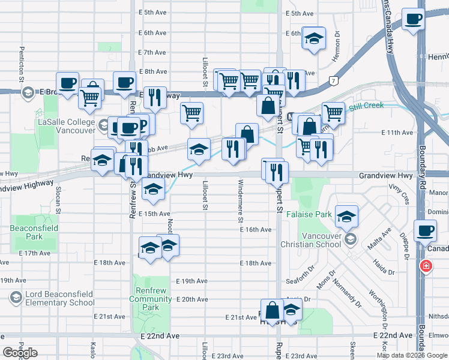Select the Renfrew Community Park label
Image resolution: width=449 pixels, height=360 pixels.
(150, 299)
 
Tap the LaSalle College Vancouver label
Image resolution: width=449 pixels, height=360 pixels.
(67, 126)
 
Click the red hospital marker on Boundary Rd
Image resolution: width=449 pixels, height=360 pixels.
(426, 265)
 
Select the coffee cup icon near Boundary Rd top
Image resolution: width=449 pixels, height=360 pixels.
(412, 20)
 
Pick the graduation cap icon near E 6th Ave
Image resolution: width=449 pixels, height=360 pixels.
(313, 39)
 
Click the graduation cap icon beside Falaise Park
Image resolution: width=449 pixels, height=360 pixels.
(346, 217)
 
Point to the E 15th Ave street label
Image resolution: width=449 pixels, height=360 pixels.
(154, 214)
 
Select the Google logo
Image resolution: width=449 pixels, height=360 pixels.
(20, 353)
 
